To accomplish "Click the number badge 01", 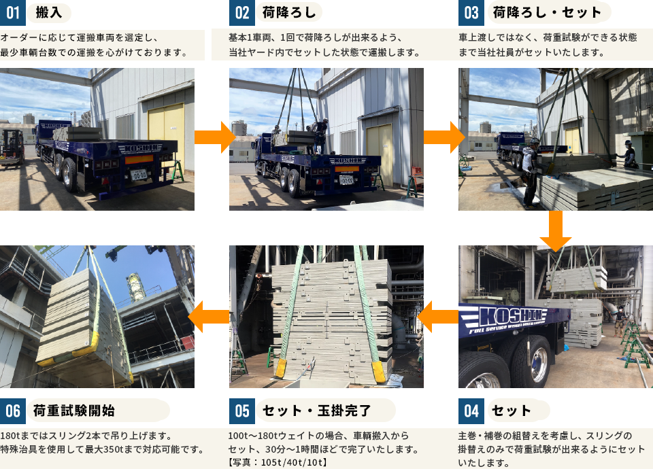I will (13, 13).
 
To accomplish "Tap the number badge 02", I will (242, 13).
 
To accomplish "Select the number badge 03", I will (471, 13).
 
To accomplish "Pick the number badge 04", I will (471, 411).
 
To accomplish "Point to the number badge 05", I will (242, 411).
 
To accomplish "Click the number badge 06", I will (13, 411).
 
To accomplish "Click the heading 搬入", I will (48, 12).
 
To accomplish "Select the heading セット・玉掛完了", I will (317, 410).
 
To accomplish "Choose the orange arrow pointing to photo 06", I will (209, 316).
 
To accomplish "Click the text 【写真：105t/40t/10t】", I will (278, 462).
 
